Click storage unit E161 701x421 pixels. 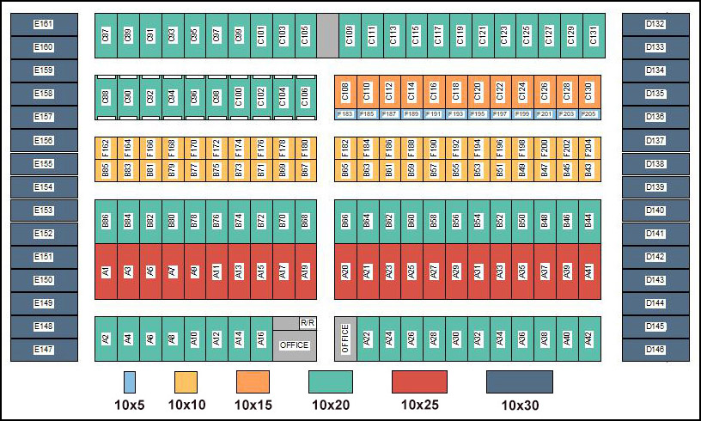click(x=43, y=24)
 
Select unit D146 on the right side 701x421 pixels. click(x=655, y=350)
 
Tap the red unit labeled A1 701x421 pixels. click(x=106, y=272)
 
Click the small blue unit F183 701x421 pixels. click(x=345, y=113)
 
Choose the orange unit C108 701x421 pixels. click(x=345, y=90)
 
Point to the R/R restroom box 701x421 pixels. click(x=307, y=322)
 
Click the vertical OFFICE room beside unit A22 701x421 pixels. click(x=345, y=339)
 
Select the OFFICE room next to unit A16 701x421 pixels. click(x=294, y=345)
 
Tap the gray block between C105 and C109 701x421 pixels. click(x=327, y=35)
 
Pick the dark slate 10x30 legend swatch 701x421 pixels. click(x=519, y=381)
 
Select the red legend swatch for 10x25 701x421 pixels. click(x=419, y=381)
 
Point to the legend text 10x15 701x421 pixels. click(x=253, y=403)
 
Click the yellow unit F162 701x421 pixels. click(x=106, y=148)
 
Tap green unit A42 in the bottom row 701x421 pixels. click(x=588, y=339)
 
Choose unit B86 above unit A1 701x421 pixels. click(x=106, y=221)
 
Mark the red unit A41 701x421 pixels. click(x=588, y=272)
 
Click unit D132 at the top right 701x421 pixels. click(x=655, y=24)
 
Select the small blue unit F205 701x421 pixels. click(x=588, y=113)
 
